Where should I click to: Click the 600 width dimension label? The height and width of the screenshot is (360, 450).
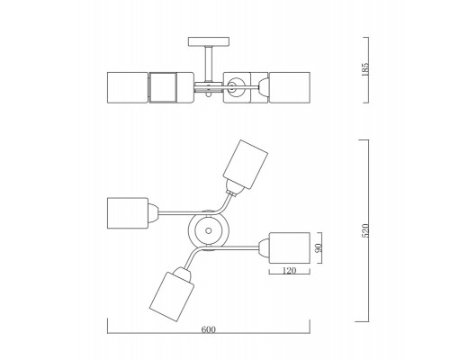(208, 329)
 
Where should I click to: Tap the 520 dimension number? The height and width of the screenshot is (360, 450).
(365, 230)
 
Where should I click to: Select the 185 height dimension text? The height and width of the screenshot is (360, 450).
(365, 69)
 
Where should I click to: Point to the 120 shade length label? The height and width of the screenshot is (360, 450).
(289, 271)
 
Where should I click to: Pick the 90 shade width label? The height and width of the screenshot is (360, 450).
(319, 247)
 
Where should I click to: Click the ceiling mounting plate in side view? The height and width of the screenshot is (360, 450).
(209, 41)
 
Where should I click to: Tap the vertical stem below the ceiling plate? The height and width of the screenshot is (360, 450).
(209, 64)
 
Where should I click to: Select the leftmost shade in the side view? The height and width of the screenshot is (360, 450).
(128, 87)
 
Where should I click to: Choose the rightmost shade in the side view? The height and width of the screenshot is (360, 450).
(290, 87)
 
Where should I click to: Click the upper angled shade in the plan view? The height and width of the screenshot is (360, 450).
(246, 164)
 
